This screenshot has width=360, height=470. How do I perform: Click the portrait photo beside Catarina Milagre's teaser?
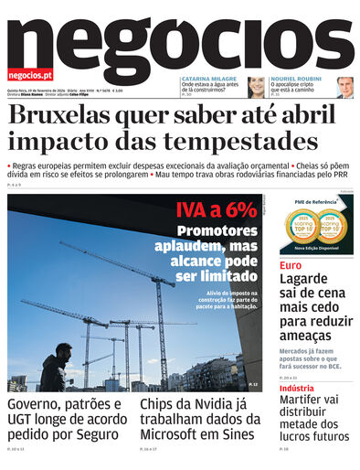tap(257, 88)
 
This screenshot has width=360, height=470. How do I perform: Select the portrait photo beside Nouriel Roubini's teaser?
tap(344, 88)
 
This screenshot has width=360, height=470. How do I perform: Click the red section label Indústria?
tap(297, 388)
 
